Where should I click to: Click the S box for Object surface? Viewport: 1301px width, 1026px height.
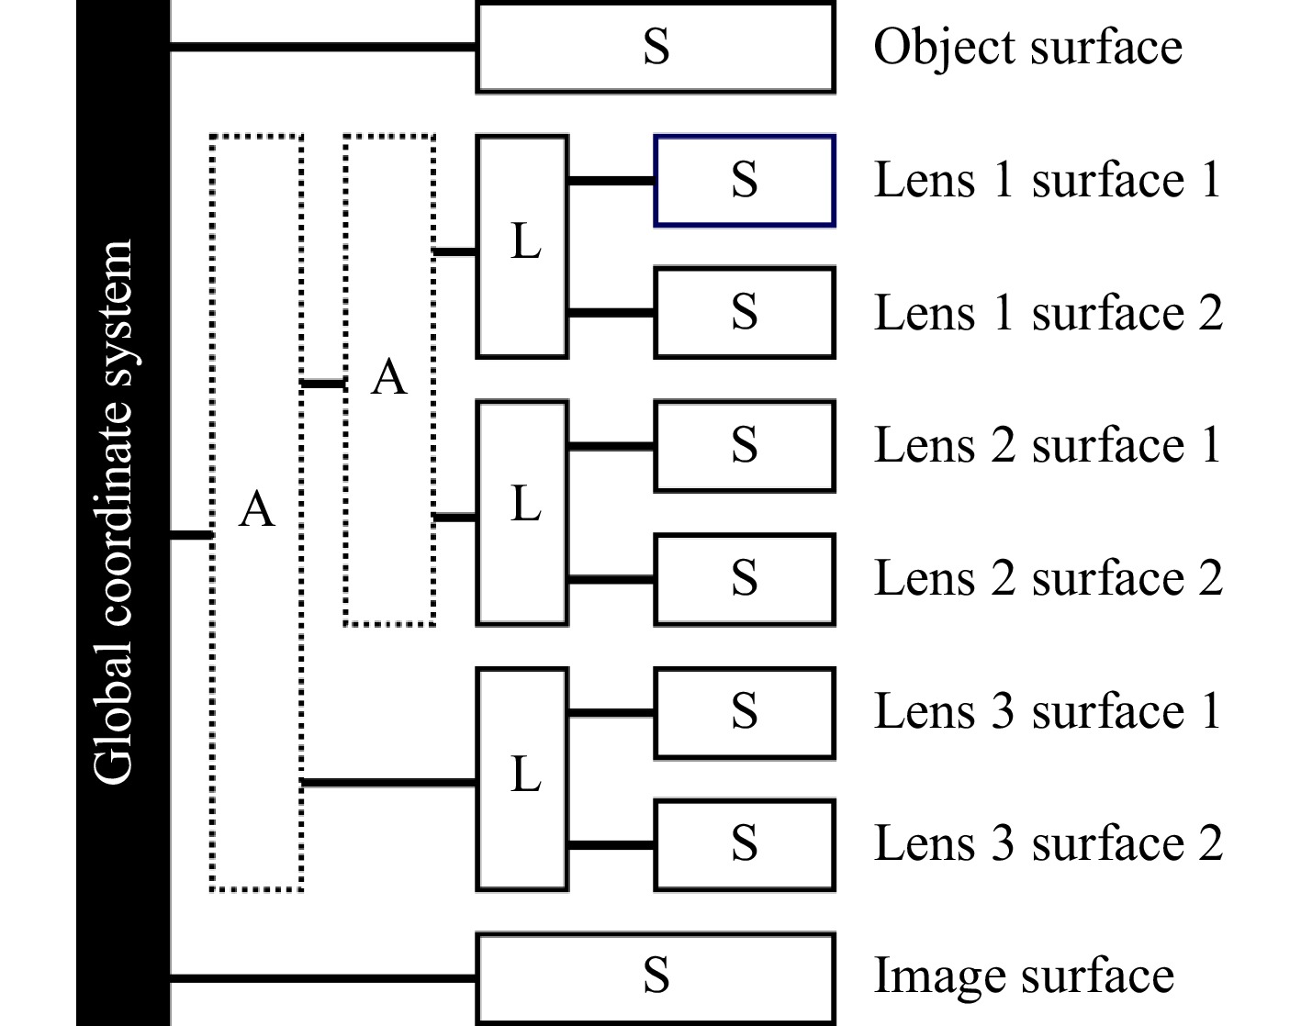pos(656,48)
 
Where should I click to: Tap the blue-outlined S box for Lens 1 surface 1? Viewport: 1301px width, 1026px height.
pos(744,181)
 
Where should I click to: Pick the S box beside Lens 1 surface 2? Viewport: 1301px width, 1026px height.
pos(744,313)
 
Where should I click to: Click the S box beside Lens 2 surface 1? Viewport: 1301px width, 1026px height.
pos(744,446)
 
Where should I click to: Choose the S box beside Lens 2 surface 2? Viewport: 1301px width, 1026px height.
pos(744,579)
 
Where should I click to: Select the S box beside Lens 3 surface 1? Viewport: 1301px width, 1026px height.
pos(744,712)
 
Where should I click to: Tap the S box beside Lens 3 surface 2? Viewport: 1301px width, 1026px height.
pos(744,844)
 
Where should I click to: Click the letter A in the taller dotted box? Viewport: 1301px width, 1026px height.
pos(256,509)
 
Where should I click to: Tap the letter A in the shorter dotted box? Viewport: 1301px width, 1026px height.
pos(389,377)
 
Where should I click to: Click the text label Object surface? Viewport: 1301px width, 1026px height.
pos(1027,48)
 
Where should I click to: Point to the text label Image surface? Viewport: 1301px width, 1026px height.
pos(1024,976)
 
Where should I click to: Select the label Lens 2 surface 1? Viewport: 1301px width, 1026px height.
pos(1048,446)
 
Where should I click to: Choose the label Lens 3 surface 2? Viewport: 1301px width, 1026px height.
pos(1048,844)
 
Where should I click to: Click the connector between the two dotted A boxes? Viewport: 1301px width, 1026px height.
pos(323,384)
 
